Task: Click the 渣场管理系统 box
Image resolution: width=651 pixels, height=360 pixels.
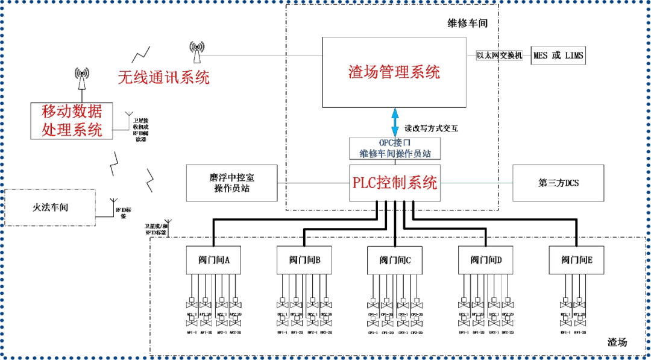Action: (x=394, y=72)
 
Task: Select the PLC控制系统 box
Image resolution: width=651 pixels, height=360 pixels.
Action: (x=395, y=183)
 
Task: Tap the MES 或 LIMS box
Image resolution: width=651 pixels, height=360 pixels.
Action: (x=558, y=55)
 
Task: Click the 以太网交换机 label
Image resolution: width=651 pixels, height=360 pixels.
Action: (x=499, y=55)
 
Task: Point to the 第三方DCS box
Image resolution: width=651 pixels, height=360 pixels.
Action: (x=558, y=183)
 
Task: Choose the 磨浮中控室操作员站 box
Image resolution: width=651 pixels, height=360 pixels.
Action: (x=231, y=183)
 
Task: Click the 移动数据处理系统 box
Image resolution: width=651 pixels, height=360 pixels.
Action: (x=72, y=121)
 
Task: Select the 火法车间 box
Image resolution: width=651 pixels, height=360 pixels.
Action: (x=50, y=207)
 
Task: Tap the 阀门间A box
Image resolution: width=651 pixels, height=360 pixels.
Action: (x=213, y=261)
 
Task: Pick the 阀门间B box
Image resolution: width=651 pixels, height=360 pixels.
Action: (x=304, y=261)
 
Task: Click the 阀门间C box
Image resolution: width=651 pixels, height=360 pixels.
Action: (x=395, y=261)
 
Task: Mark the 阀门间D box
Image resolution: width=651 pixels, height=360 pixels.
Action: (x=486, y=261)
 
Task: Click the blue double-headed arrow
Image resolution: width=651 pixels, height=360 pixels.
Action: (x=395, y=123)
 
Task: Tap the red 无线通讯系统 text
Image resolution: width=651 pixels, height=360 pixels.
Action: (x=163, y=77)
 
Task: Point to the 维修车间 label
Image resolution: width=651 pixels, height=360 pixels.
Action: (x=467, y=24)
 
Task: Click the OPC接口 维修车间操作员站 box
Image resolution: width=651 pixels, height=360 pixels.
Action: (x=395, y=148)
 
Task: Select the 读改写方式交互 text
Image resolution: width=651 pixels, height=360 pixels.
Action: (x=431, y=128)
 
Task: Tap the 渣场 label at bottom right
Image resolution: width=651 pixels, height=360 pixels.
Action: (x=617, y=342)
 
